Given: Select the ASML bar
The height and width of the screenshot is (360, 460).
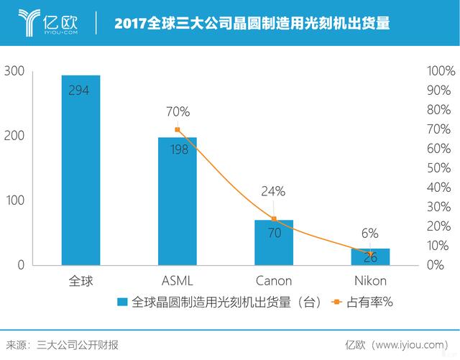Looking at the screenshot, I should click(x=177, y=201).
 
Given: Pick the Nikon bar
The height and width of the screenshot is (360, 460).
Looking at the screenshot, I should click(x=370, y=257).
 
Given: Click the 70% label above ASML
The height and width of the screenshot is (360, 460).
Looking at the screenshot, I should click(x=178, y=112).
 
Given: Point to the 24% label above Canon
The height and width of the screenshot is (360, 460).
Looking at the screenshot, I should click(x=274, y=191).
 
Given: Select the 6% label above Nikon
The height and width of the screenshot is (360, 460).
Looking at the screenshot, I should click(x=370, y=233).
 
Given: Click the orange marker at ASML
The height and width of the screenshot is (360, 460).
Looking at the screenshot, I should click(x=178, y=130).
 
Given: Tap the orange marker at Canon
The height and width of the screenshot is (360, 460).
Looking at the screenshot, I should click(x=274, y=219).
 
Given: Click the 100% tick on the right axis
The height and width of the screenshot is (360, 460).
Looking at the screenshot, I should click(x=441, y=72).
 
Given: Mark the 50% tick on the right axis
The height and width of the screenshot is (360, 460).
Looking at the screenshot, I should click(x=441, y=168).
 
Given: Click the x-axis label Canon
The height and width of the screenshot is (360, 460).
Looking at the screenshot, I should click(x=274, y=280).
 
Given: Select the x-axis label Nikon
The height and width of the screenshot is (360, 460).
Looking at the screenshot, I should click(x=370, y=280).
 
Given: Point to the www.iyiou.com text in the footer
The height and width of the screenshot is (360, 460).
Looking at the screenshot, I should click(x=413, y=343).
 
